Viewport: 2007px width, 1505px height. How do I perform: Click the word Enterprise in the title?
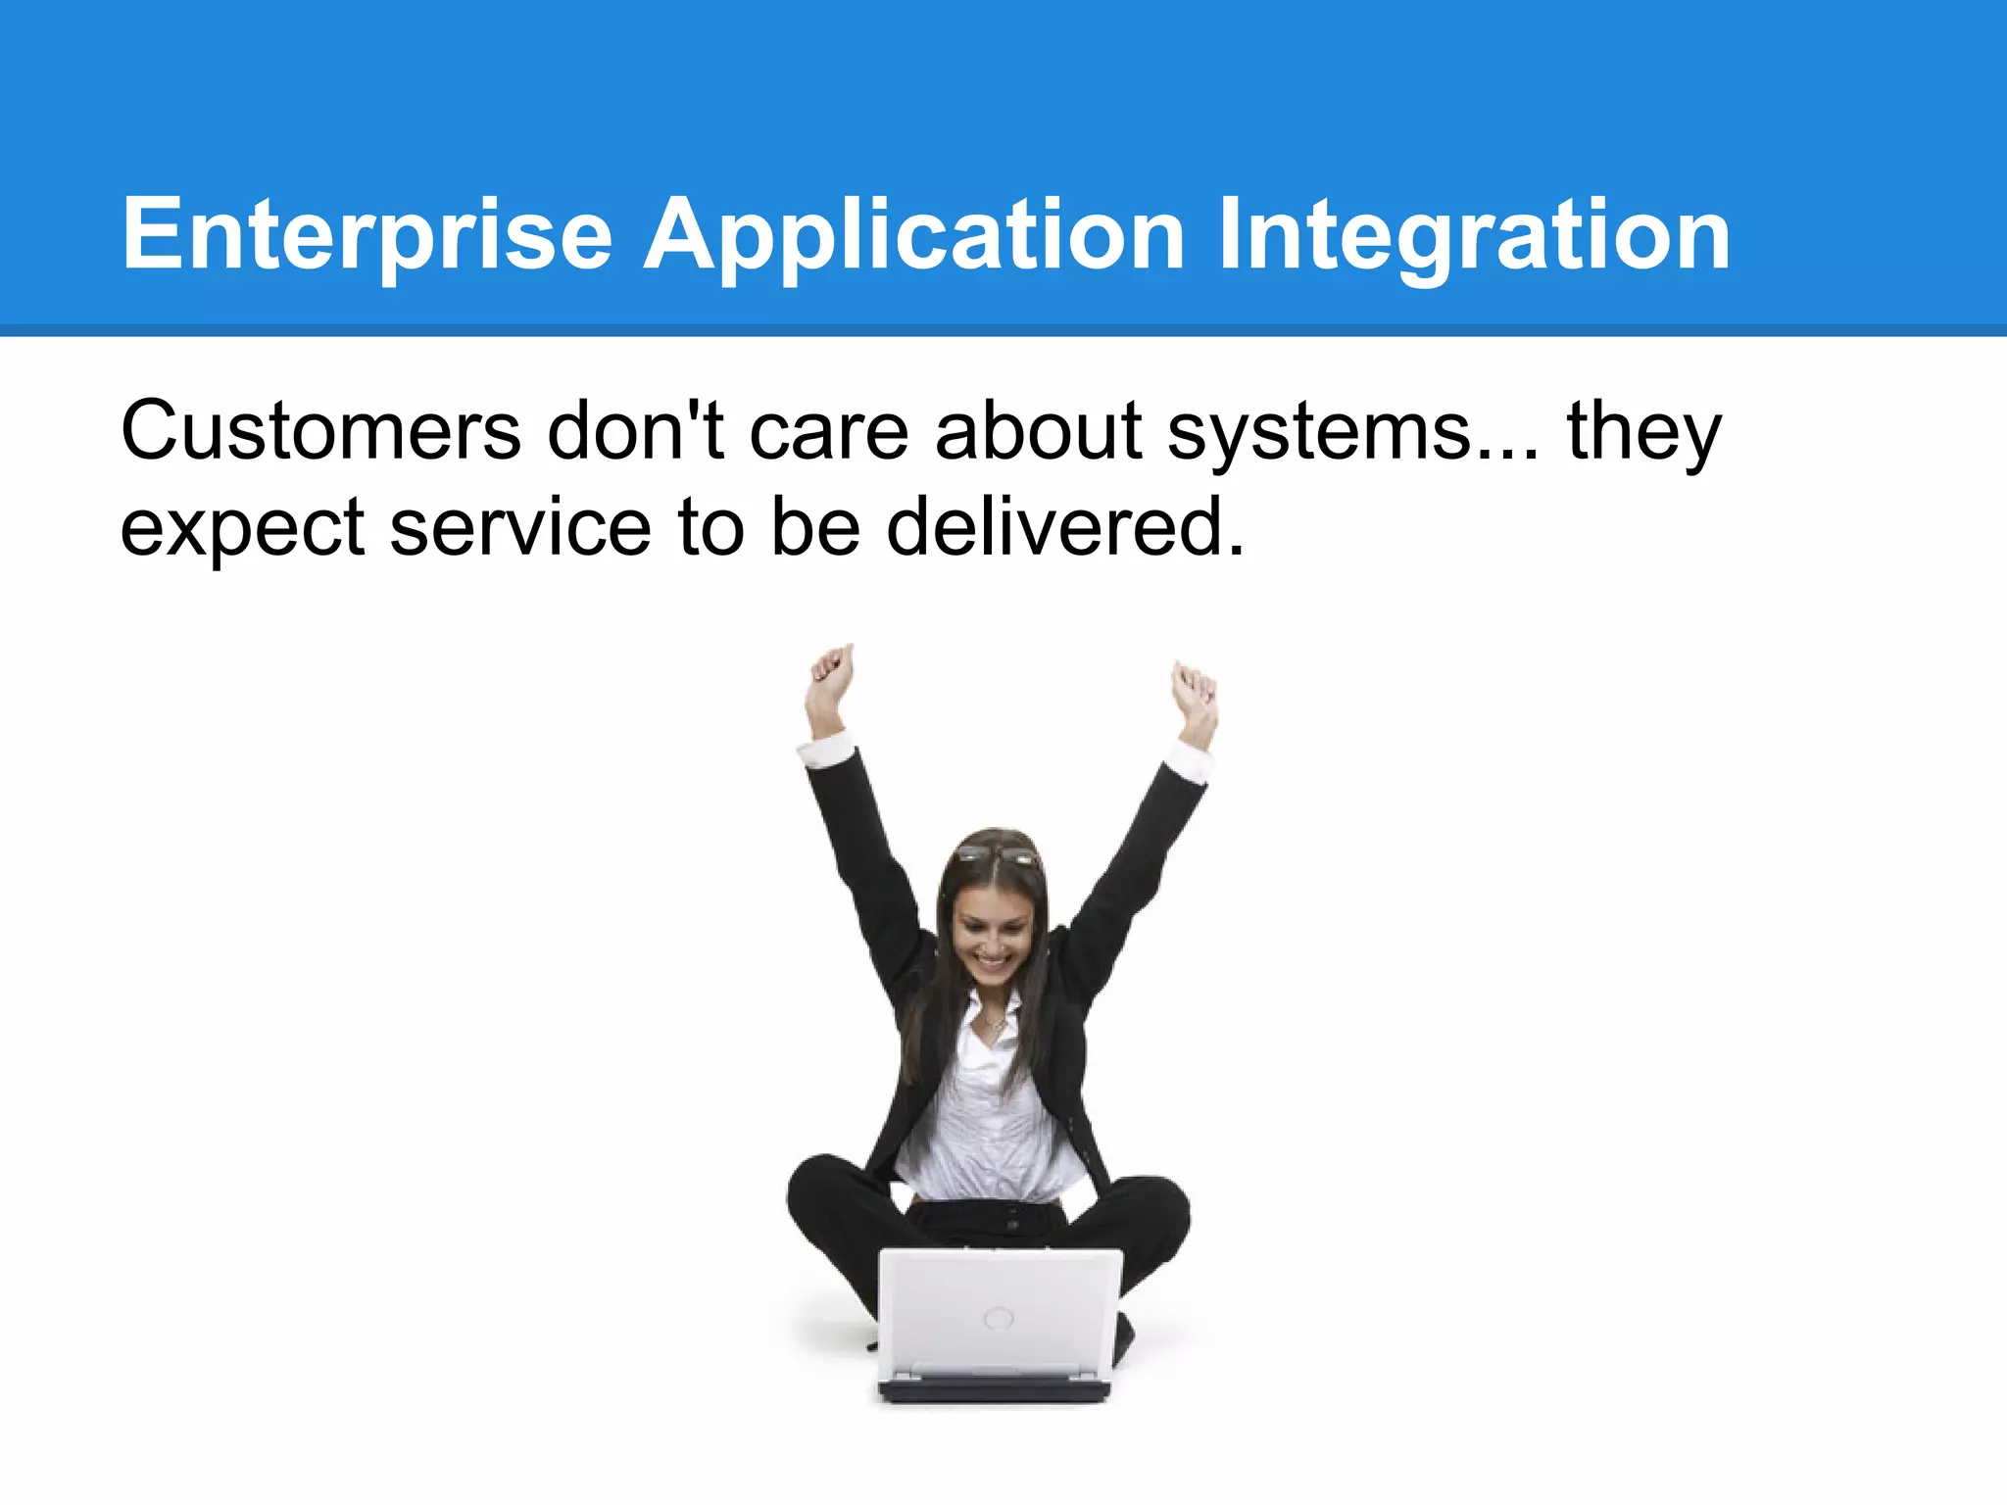367,235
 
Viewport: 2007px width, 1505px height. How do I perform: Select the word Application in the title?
913,235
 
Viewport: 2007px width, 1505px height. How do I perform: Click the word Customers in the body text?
320,431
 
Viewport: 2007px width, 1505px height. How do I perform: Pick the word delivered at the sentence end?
1063,527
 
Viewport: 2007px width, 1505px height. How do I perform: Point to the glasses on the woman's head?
997,855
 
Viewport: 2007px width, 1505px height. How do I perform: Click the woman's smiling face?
992,936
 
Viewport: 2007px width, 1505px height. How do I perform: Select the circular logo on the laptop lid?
998,1318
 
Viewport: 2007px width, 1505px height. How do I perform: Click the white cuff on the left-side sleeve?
826,751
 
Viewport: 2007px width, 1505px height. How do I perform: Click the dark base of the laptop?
995,1389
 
